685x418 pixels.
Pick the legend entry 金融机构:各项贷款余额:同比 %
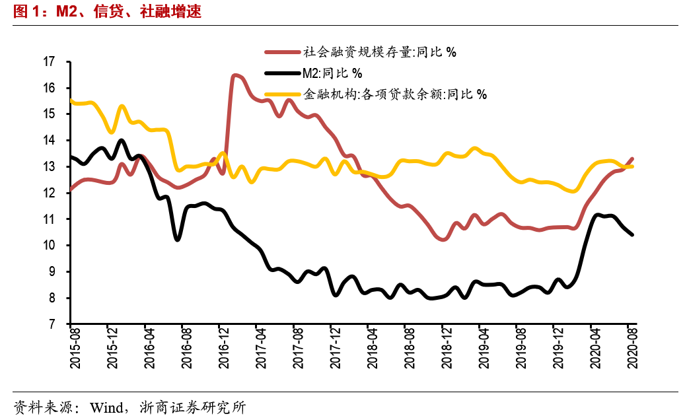pos(394,94)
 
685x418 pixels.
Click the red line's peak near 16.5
pos(234,76)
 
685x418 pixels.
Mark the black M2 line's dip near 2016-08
pos(178,239)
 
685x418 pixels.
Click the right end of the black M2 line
pos(632,234)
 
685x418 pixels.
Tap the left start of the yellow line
pos(71,100)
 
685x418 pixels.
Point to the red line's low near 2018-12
pos(443,239)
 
